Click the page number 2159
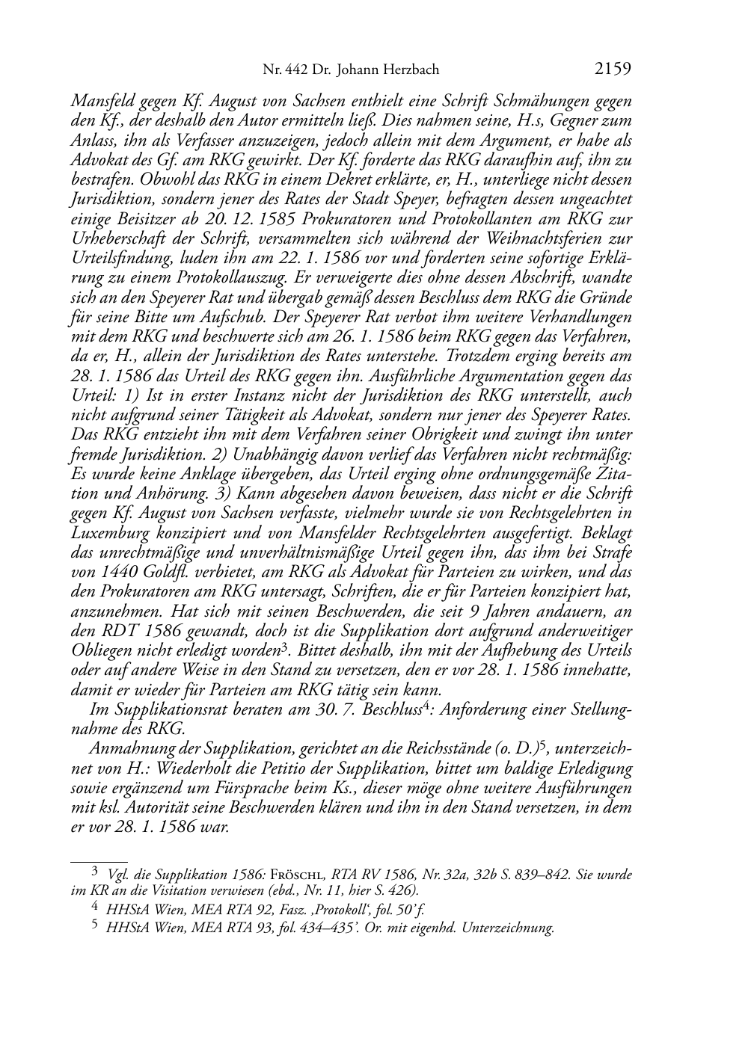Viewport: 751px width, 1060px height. click(613, 70)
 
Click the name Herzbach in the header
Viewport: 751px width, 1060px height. click(407, 71)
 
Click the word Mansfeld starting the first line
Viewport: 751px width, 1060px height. click(98, 101)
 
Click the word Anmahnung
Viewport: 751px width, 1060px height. click(126, 748)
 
